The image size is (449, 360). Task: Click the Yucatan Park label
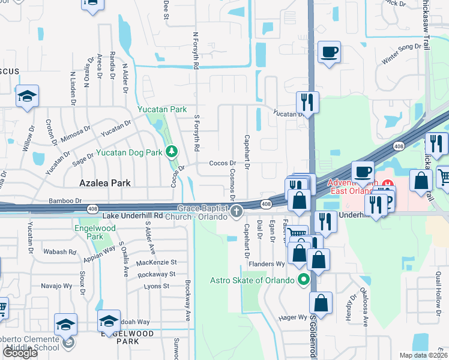click(162, 110)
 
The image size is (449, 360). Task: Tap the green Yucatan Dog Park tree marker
click(172, 151)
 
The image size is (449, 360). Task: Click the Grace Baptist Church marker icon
click(237, 211)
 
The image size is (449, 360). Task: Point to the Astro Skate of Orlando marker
click(304, 280)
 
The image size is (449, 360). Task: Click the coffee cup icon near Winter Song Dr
click(329, 52)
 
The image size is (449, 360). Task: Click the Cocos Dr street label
click(221, 163)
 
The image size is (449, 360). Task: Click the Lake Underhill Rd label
click(133, 215)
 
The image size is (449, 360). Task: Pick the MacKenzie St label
click(157, 262)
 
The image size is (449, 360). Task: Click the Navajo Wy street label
click(56, 285)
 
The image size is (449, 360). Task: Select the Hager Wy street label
click(293, 317)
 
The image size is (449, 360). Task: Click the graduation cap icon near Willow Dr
click(27, 98)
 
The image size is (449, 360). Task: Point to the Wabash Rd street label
click(59, 252)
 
